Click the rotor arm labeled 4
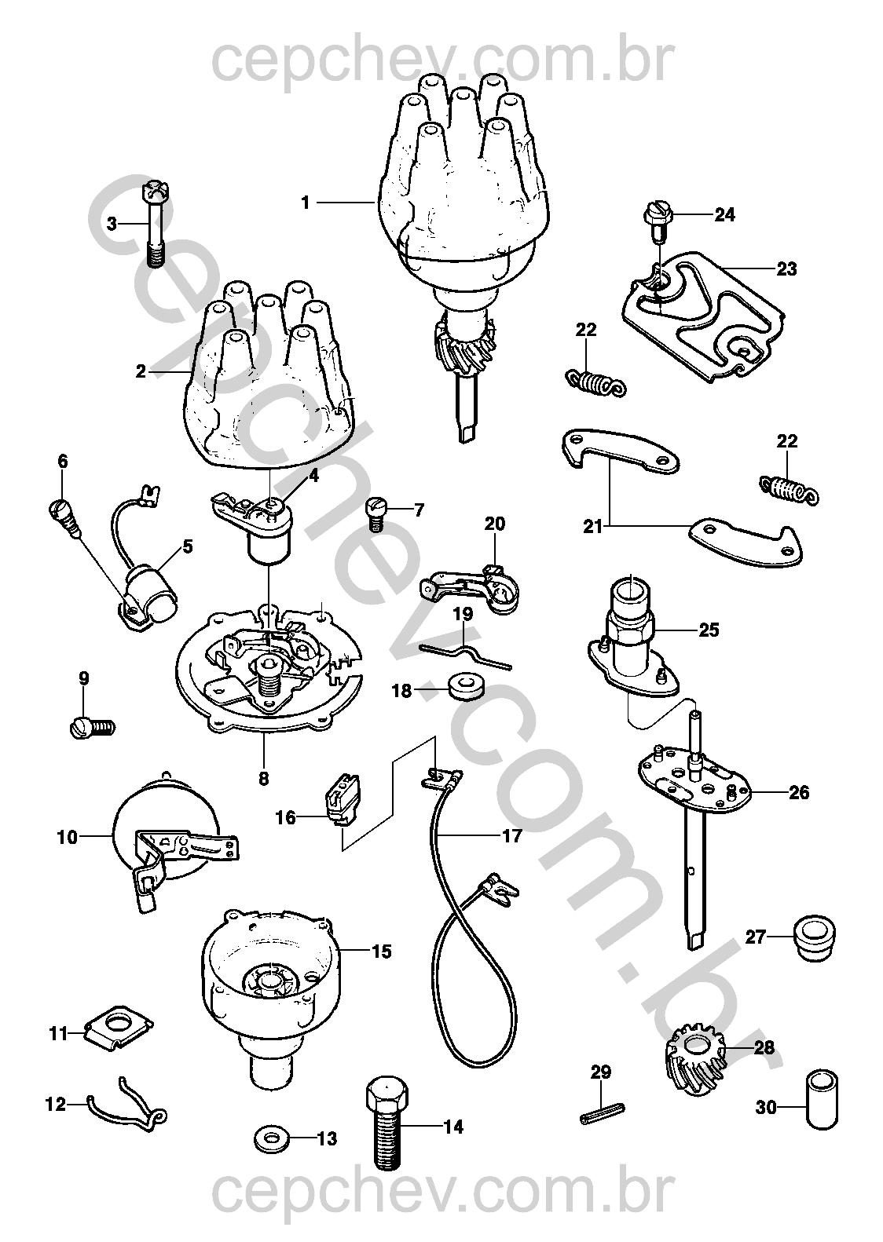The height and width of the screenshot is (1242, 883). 257,524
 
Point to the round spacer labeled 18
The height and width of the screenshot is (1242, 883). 465,685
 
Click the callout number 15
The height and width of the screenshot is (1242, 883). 381,952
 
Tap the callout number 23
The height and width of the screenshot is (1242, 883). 786,269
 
